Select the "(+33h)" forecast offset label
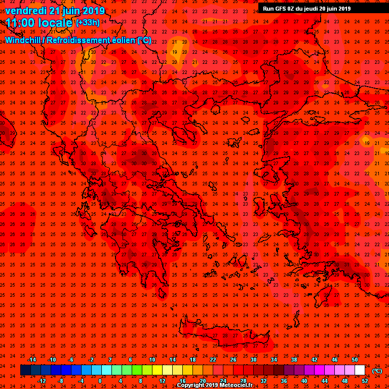click(88, 23)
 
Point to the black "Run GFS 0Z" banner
click(307, 9)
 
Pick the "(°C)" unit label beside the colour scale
click(377, 371)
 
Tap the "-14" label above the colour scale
click(31, 360)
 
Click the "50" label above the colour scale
click(355, 360)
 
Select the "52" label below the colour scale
click(365, 380)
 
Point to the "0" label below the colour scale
click(100, 380)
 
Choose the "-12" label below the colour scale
click(42, 380)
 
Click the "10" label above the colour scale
click(152, 360)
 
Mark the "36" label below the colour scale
click(284, 380)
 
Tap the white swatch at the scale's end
click(360, 370)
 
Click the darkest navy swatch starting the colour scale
click(25, 370)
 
